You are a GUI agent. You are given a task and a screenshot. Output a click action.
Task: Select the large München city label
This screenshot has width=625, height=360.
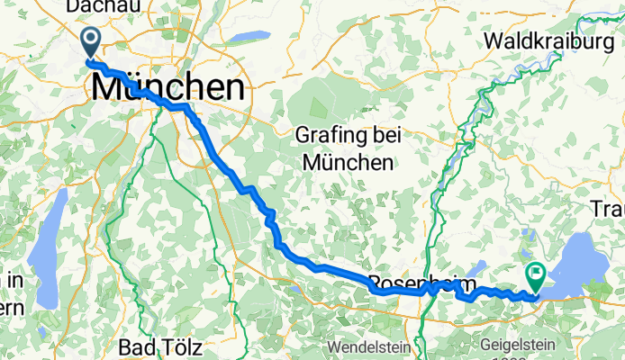168,88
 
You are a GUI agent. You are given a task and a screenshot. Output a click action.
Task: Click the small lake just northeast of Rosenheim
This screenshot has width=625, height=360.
478,266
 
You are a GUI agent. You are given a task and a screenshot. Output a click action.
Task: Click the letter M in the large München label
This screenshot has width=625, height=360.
104,88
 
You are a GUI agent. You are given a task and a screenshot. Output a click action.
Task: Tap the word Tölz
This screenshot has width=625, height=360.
185,346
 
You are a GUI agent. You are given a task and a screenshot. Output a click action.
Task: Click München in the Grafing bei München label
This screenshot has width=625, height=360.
348,163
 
